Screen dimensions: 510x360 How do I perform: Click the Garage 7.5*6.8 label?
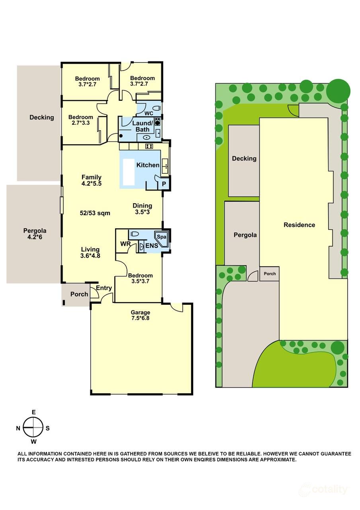pos(141,315)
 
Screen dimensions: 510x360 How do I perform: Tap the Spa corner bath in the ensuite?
pos(162,237)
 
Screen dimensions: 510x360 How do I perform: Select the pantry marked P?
pos(163,184)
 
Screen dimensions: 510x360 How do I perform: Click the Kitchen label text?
pos(148,165)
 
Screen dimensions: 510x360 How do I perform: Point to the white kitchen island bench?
pos(129,172)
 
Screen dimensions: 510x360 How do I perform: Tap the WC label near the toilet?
pos(149,113)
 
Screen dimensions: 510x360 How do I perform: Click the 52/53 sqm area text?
pos(95,213)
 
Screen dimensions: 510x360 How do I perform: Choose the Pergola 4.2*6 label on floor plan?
pos(35,233)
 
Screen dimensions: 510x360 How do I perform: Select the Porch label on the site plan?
pos(270,274)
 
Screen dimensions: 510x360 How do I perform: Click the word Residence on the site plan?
pos(299,225)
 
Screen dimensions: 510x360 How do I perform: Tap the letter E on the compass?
pos(34,412)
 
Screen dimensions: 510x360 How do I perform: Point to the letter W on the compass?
pos(34,441)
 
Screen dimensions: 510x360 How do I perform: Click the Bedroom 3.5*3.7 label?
pos(140,279)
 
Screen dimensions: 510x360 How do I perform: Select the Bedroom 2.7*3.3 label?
pos(80,120)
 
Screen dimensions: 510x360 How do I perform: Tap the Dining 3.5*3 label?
pos(142,209)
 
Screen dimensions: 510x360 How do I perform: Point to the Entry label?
pos(104,288)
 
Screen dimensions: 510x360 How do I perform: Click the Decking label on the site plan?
pos(244,159)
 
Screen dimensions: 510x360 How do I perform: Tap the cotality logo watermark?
pos(325,489)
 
